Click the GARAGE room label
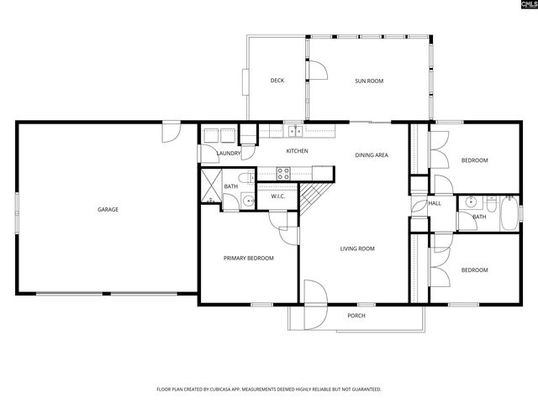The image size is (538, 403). tap(108, 209)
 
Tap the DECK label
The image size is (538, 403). tap(277, 81)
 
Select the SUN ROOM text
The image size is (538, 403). tap(369, 81)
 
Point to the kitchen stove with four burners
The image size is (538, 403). tap(284, 175)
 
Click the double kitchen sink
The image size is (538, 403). tap(294, 131)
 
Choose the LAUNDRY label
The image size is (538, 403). tap(229, 154)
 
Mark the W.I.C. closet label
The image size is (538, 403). tap(278, 197)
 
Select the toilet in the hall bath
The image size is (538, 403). tap(490, 201)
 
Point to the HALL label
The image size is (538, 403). tap(435, 203)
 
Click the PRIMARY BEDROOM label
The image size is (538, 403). tap(249, 258)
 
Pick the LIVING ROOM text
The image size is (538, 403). tap(357, 249)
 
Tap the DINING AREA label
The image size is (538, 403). tap(371, 154)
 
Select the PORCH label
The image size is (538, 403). tap(356, 316)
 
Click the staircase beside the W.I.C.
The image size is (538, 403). tap(313, 199)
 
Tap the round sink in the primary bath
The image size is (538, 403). tap(247, 200)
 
